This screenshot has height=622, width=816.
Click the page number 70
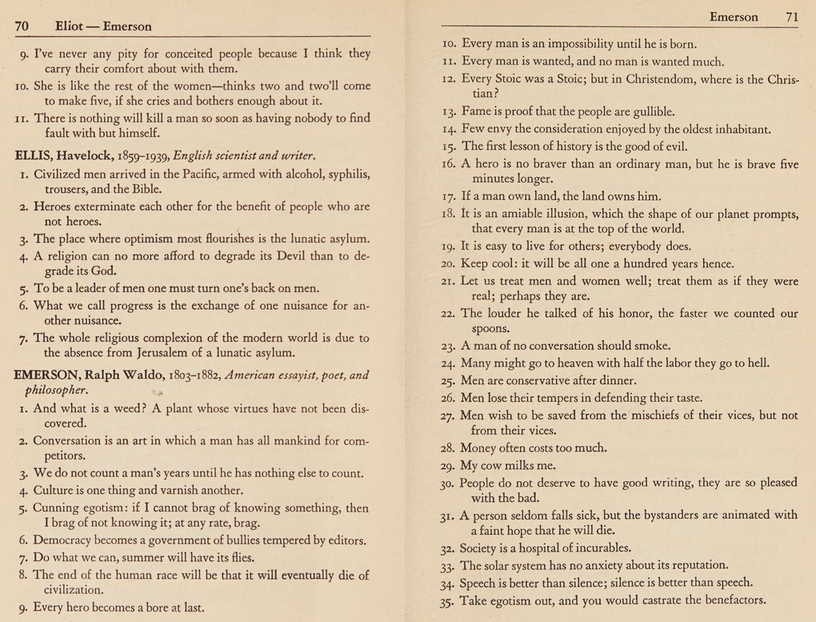click(22, 26)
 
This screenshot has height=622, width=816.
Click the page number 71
click(792, 17)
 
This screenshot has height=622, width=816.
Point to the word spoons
click(491, 328)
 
